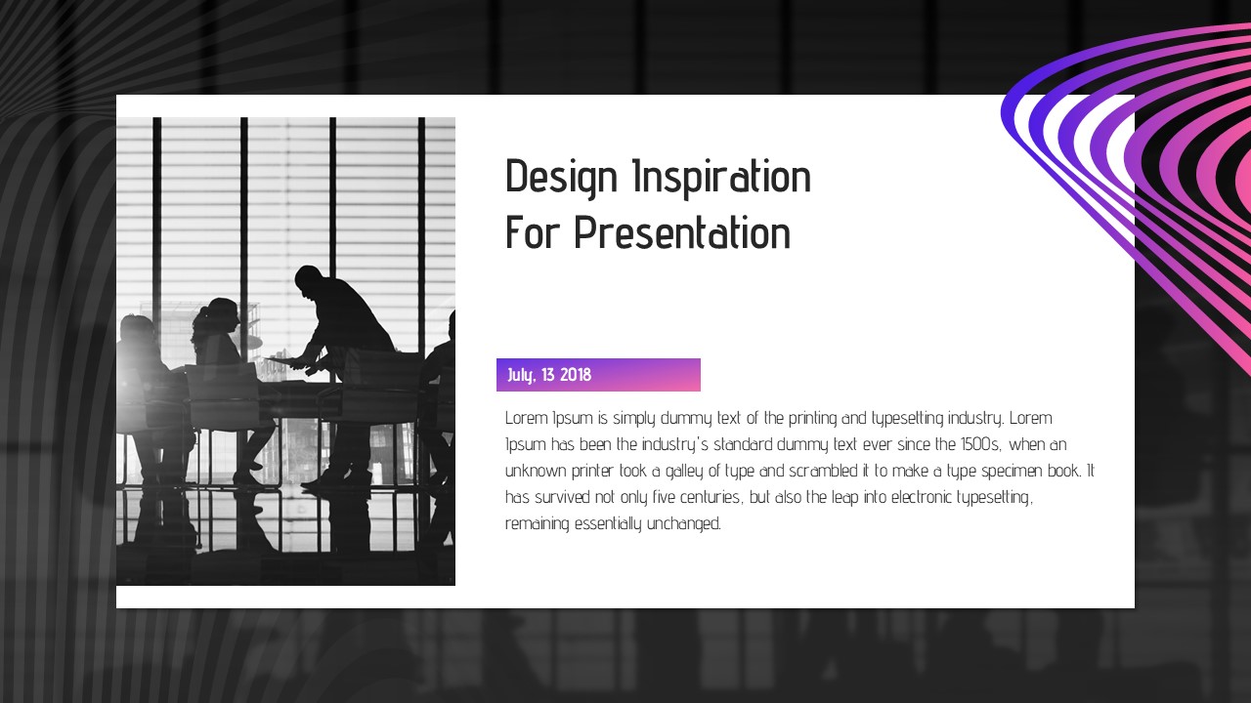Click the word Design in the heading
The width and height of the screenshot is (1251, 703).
coord(561,178)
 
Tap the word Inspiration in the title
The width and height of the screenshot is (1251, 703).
coord(721,177)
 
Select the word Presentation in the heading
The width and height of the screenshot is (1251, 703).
coord(682,232)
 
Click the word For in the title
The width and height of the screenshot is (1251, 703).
coord(532,232)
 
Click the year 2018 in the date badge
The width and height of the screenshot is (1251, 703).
coord(576,374)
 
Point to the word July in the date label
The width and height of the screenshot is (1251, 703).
coord(522,376)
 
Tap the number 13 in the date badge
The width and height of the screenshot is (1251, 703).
coord(548,374)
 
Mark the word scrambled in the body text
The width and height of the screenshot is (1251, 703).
coord(823,471)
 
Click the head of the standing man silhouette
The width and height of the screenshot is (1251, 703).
coord(308,278)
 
